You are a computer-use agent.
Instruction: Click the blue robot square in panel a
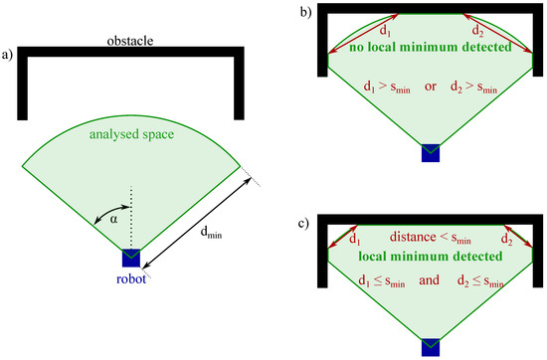click(131, 258)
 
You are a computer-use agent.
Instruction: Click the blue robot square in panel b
click(430, 151)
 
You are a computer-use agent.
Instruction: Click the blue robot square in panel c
click(430, 346)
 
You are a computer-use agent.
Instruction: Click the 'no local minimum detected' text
click(429, 46)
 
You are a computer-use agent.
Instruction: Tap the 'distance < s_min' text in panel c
click(429, 239)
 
